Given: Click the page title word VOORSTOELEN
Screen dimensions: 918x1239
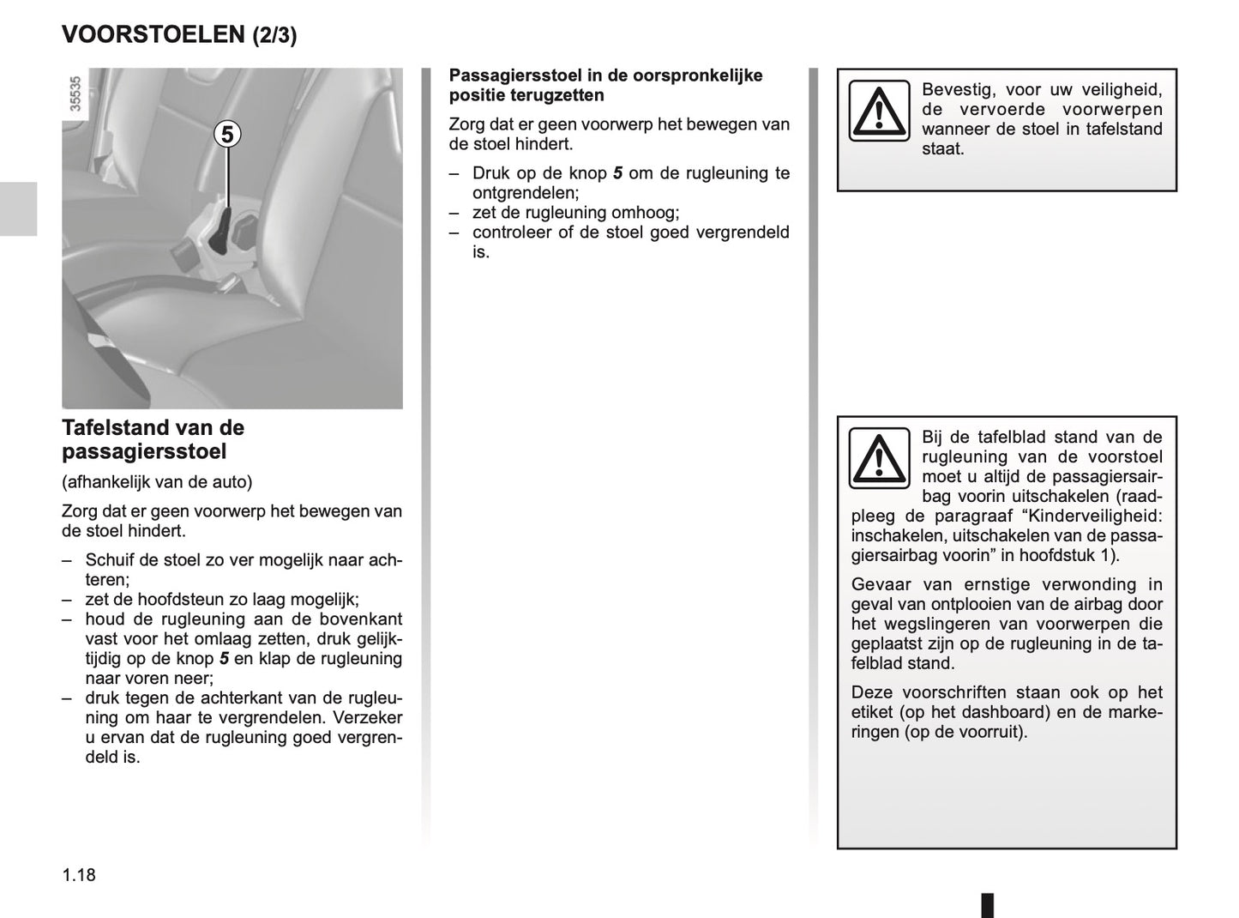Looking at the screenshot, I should [153, 34].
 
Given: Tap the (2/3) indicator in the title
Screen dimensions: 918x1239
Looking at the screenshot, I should [274, 35].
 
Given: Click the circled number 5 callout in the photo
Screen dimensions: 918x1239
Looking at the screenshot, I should [227, 135].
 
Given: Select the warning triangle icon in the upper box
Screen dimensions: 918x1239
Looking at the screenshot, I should [879, 111].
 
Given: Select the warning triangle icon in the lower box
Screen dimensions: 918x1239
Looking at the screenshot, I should [879, 458].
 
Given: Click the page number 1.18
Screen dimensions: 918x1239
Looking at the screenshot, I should [79, 875].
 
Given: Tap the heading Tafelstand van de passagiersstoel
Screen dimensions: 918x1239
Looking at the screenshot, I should [153, 439].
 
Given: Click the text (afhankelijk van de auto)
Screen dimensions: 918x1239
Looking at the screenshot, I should [157, 482].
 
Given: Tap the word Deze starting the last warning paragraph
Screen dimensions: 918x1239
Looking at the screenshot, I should [873, 692].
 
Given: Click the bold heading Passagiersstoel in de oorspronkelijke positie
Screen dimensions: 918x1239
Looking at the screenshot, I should [605, 85].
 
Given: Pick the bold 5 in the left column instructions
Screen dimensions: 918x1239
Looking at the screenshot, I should [225, 659].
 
